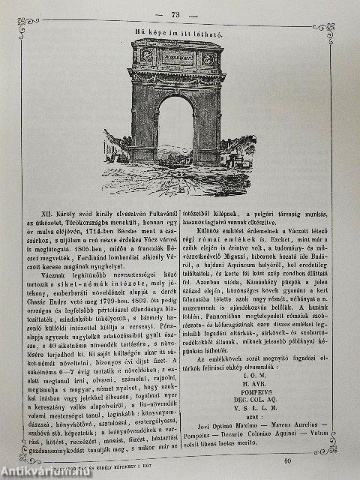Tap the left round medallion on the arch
coord(147,55)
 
